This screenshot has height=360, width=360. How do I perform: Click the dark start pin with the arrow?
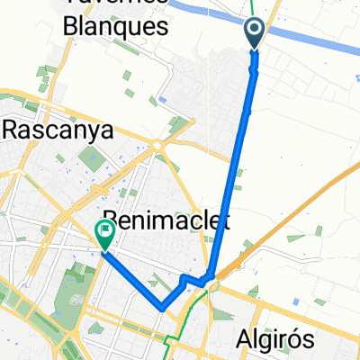[254, 33]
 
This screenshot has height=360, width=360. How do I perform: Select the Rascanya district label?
[59, 130]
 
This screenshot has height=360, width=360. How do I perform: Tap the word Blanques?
[117, 27]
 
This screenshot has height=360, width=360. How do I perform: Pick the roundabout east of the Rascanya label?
[157, 144]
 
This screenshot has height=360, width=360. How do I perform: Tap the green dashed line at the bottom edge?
[168, 347]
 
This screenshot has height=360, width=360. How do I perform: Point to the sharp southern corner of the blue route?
[161, 307]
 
